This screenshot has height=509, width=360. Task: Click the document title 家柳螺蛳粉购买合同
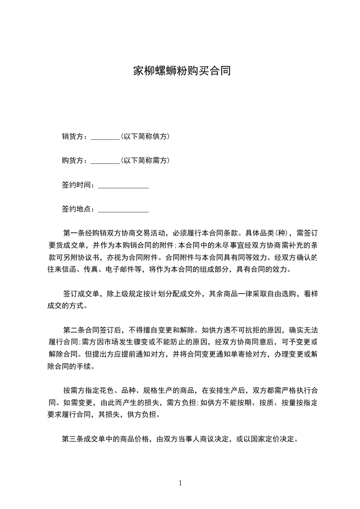pyautogui.click(x=182, y=71)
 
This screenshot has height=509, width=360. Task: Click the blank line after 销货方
pyautogui.click(x=105, y=138)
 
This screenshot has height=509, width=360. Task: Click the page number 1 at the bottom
pyautogui.click(x=181, y=483)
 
